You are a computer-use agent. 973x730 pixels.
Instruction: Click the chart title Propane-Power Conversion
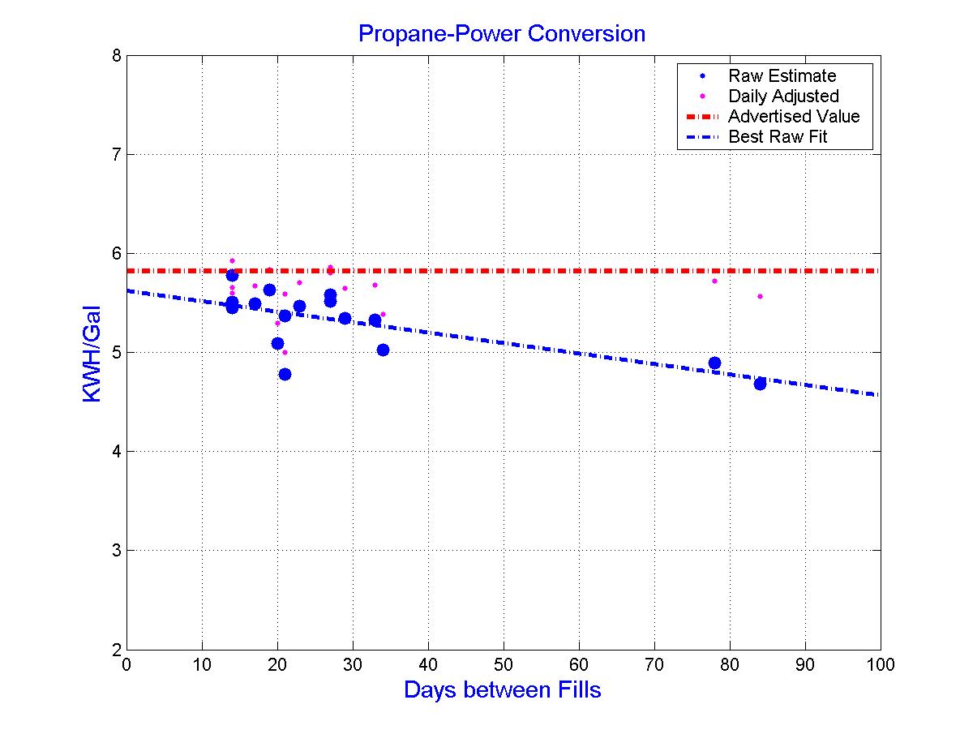[502, 34]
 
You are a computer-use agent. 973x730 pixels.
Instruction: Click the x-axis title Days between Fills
[502, 690]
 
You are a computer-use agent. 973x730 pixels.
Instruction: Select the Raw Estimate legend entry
[782, 76]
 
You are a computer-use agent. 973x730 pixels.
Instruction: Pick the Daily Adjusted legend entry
[782, 97]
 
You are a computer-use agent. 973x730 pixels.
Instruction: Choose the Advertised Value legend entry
[793, 117]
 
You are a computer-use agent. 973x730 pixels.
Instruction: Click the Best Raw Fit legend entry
[777, 137]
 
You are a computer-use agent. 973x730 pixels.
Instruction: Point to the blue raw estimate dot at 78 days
[714, 363]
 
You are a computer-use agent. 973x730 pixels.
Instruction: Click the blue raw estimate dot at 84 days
[760, 384]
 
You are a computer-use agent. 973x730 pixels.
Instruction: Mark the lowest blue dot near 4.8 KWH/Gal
[285, 374]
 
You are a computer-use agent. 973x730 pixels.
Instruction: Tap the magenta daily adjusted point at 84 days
[760, 296]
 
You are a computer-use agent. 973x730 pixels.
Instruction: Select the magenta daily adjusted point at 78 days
[714, 281]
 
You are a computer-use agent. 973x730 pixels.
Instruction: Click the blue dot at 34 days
[383, 350]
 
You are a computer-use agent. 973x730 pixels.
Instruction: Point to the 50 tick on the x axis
[504, 665]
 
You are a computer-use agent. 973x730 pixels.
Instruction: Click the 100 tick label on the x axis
[881, 665]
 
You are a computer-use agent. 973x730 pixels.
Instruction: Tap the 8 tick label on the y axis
[116, 56]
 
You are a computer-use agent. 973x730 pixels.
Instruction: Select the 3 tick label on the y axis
[116, 551]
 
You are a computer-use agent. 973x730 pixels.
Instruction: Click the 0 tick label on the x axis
[126, 665]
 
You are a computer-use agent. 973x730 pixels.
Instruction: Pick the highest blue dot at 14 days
[232, 275]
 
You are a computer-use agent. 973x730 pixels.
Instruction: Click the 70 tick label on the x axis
[654, 665]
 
